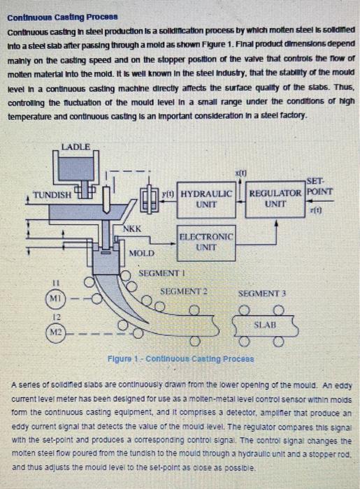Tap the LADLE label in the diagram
pos(75,147)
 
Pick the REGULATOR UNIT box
pos(275,198)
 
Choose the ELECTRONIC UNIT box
pos(206,242)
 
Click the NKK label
pos(132,228)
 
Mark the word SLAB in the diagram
pos(263,325)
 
